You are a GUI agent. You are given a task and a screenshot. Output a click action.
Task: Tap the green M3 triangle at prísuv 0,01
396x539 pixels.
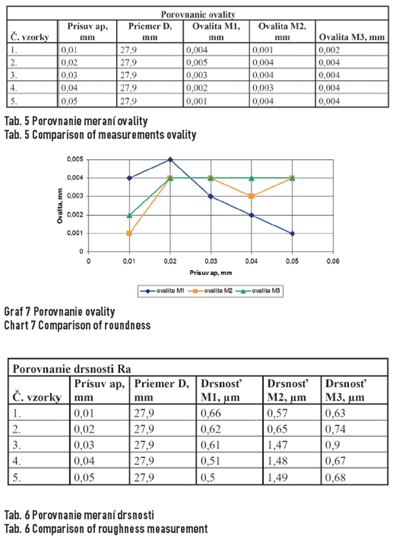[129, 215]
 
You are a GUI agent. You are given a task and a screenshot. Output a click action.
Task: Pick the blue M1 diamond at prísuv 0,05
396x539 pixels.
[292, 233]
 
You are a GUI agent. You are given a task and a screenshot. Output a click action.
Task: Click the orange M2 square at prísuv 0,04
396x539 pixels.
[251, 196]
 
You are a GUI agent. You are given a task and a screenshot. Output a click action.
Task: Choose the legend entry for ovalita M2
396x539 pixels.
[211, 291]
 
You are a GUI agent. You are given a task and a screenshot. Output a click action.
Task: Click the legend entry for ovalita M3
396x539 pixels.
[259, 291]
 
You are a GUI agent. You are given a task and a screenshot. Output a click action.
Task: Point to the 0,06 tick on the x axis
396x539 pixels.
[333, 261]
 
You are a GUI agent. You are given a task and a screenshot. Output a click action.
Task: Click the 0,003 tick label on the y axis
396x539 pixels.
[75, 196]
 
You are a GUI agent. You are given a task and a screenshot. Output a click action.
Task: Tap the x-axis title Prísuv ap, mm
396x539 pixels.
[211, 273]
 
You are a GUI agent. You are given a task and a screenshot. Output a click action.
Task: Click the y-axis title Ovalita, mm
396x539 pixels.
[60, 206]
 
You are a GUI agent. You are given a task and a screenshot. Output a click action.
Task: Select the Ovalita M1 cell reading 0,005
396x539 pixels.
[197, 63]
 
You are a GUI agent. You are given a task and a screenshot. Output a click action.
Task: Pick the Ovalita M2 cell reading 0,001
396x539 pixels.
[263, 50]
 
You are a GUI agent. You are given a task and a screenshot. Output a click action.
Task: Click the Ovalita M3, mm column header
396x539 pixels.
[352, 37]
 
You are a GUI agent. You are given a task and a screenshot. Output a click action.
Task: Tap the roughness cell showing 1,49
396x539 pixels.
[277, 477]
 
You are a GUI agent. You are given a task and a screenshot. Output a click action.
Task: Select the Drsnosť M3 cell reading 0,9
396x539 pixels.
[333, 445]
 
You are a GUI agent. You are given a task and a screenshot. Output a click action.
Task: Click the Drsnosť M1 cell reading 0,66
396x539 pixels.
[211, 413]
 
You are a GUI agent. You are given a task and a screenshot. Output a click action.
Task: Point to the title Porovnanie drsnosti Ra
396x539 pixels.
[72, 369]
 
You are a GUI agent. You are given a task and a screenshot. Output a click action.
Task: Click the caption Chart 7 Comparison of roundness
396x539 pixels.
[77, 326]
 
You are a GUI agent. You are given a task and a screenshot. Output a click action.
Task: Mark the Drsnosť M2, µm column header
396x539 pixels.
[288, 390]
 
